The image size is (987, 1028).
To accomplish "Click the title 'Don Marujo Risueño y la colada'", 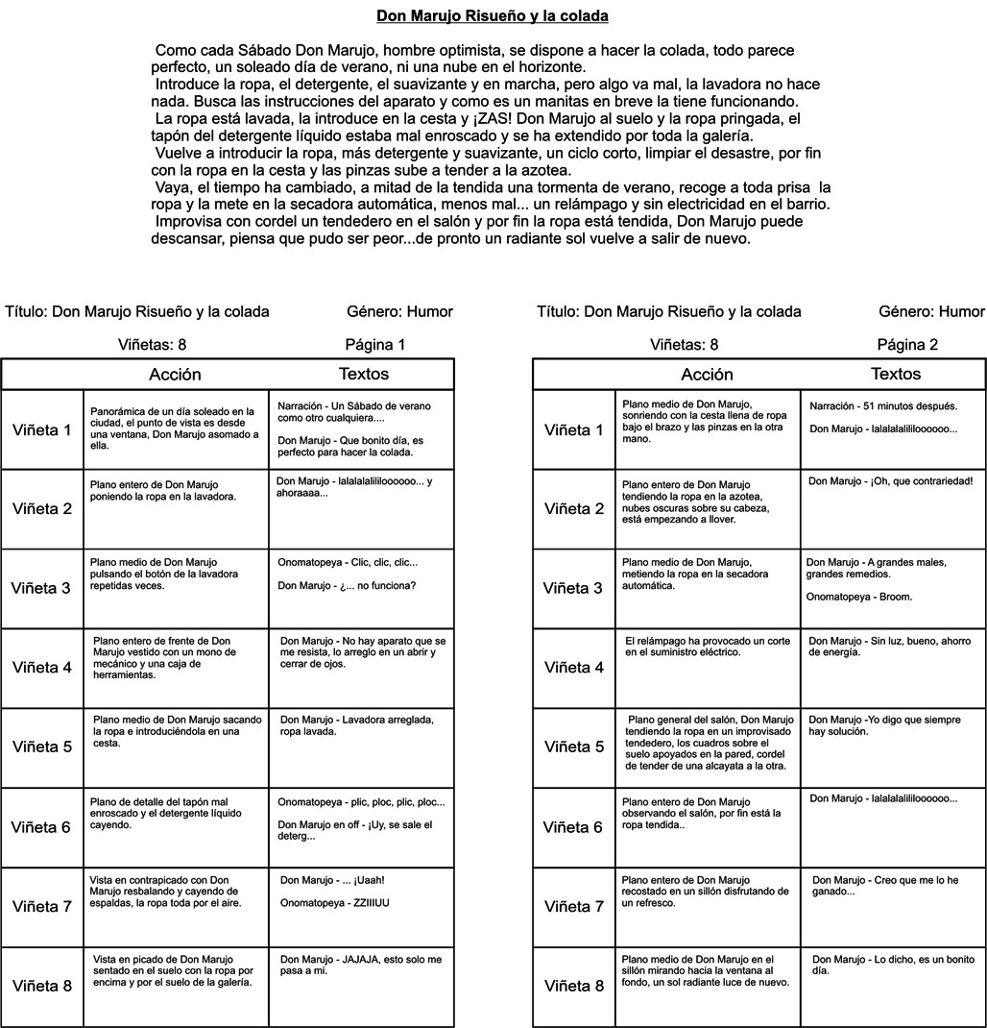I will click(x=492, y=16).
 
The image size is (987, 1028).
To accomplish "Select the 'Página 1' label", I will click(x=375, y=344).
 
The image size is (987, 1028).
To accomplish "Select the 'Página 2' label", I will click(x=907, y=344).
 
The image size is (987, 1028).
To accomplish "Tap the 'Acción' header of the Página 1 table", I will click(x=175, y=375).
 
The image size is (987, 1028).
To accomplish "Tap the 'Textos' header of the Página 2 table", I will click(x=895, y=375).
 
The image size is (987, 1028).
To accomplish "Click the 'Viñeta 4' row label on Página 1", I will click(x=41, y=668).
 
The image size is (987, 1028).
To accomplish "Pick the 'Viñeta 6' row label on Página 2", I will click(x=573, y=827).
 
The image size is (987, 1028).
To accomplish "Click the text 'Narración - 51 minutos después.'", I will click(x=882, y=406).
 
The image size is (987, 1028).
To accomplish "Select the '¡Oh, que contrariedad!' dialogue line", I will click(x=891, y=480).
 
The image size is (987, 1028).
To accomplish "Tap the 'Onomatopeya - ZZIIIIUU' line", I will click(x=334, y=902).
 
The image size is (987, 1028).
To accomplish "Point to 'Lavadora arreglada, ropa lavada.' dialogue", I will click(x=356, y=725).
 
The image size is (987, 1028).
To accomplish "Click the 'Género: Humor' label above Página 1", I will click(x=399, y=311).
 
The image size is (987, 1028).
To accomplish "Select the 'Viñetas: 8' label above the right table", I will click(x=684, y=344).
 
